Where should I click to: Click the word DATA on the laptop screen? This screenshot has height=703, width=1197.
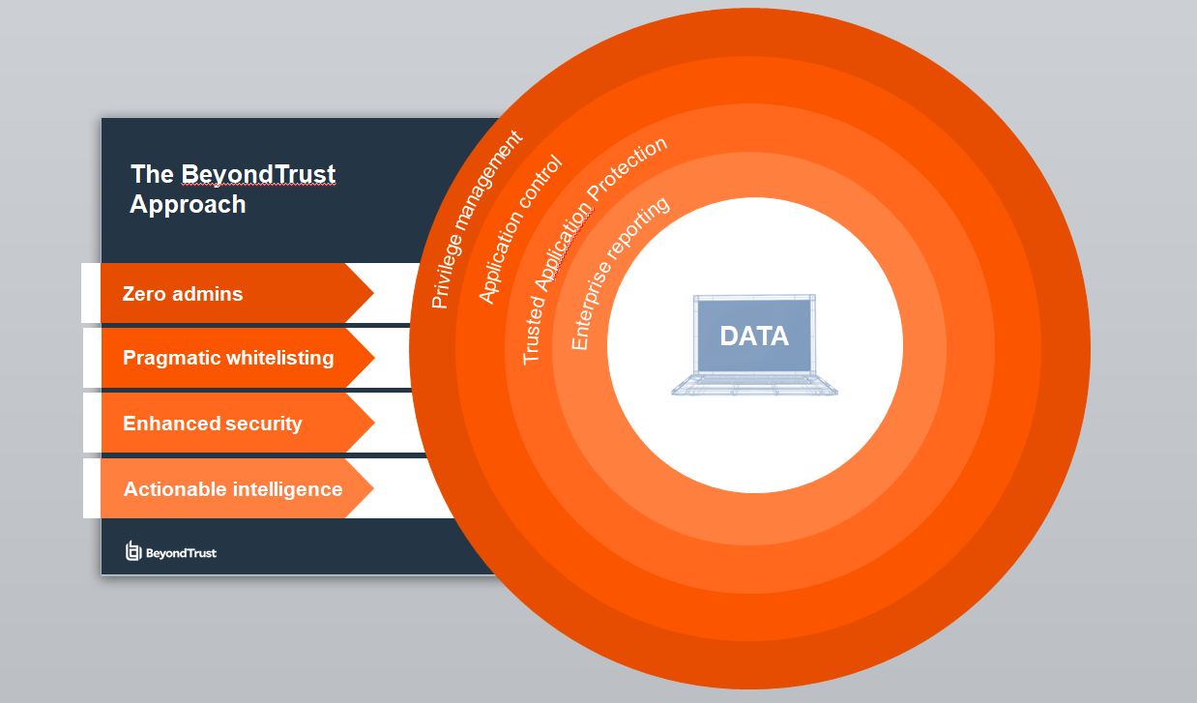[754, 337]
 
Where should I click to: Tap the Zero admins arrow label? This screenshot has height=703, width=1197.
[183, 293]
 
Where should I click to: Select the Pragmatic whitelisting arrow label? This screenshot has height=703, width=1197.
[228, 358]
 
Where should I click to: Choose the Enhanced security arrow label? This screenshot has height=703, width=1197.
[213, 424]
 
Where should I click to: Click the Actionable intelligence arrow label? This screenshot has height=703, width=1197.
[233, 489]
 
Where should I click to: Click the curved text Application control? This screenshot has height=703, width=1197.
[520, 229]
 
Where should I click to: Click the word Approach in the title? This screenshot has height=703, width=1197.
[188, 205]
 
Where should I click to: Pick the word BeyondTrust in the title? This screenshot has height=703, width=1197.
[258, 174]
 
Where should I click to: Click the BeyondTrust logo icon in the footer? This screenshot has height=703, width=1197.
[133, 551]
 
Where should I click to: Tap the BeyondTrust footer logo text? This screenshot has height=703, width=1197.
[181, 553]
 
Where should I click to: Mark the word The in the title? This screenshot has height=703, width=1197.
[152, 174]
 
